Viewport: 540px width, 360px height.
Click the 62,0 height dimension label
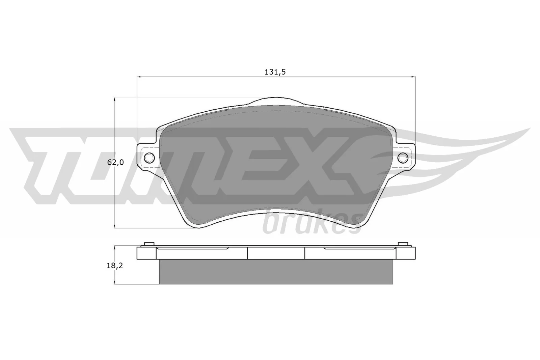point(115,162)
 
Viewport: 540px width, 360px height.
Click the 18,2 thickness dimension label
point(114,266)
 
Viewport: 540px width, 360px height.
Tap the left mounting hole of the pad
point(149,158)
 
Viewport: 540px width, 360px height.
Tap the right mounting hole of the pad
point(403,158)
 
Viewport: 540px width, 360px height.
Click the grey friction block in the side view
point(276,272)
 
